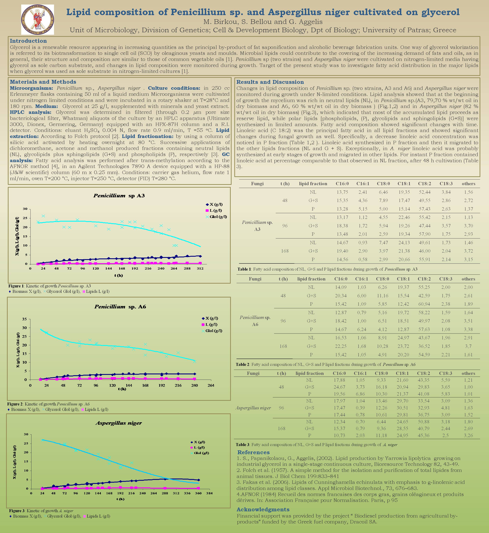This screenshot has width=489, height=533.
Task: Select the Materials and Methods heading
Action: pos(43,82)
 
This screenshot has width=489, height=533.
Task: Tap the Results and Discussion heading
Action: pos(270,82)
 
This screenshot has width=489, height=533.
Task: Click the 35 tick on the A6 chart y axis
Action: pos(24,319)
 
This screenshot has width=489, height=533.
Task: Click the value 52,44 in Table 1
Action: pos(424,192)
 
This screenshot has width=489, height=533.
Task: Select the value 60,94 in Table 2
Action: pos(424,304)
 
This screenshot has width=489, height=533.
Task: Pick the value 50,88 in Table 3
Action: pos(423,422)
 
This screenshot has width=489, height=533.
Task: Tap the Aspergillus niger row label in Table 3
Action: pos(253,408)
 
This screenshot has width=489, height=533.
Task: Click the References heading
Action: pos(253,452)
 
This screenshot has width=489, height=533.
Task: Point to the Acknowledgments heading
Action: pos(263,509)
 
